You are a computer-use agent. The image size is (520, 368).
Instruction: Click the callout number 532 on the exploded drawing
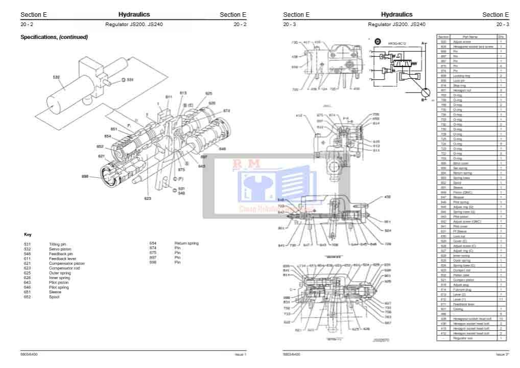(56, 77)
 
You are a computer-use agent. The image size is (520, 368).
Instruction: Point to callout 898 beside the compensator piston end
(85, 176)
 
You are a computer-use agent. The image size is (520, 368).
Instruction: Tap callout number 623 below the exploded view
(148, 198)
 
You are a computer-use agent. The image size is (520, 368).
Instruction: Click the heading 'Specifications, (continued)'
(54, 37)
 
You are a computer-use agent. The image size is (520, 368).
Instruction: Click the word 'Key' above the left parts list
(28, 234)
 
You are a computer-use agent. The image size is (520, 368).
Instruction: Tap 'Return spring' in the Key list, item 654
(186, 243)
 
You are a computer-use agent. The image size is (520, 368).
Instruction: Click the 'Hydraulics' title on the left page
(134, 15)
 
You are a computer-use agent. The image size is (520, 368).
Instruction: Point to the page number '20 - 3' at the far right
(502, 25)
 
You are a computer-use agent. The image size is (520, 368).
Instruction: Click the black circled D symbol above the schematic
(377, 41)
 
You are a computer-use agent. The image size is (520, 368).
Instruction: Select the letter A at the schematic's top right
(423, 43)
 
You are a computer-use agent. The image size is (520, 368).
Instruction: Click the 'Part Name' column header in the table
(470, 37)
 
